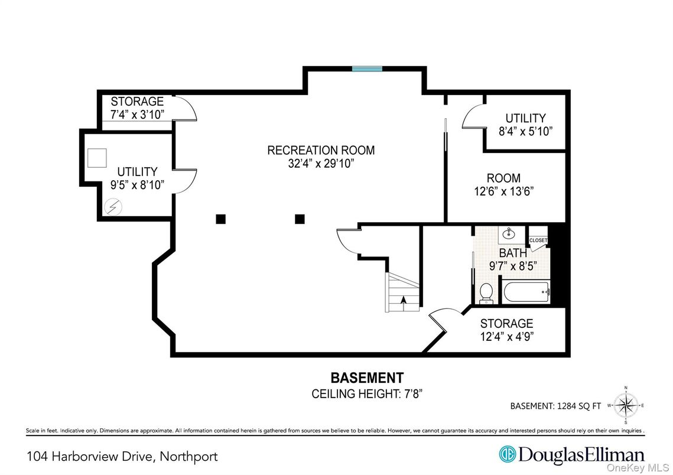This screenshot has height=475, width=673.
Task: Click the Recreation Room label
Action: (x=321, y=150)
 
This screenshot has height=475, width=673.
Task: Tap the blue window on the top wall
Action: (x=367, y=69)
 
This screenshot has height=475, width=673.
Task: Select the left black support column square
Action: (x=220, y=219)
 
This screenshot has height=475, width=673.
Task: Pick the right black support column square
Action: (x=300, y=219)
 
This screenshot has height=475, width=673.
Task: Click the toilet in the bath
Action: (x=486, y=293)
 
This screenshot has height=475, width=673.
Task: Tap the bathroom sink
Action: (x=509, y=234)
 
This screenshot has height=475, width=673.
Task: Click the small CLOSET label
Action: (x=538, y=240)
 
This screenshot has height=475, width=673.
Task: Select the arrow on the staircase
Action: (x=403, y=300)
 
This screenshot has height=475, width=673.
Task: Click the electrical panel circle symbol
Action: (x=113, y=207)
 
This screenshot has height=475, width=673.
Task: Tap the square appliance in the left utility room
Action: (x=97, y=158)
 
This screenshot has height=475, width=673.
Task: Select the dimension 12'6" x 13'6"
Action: (x=503, y=191)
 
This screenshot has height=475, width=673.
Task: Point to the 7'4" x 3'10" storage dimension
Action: (x=137, y=115)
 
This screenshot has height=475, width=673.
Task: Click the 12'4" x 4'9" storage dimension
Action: (x=507, y=336)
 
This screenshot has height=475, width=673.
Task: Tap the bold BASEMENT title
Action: (x=367, y=378)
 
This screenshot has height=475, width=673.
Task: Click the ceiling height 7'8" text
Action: (x=367, y=393)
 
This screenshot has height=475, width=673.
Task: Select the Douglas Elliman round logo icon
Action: (x=507, y=454)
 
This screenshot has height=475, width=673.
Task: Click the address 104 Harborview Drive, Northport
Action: (x=122, y=457)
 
